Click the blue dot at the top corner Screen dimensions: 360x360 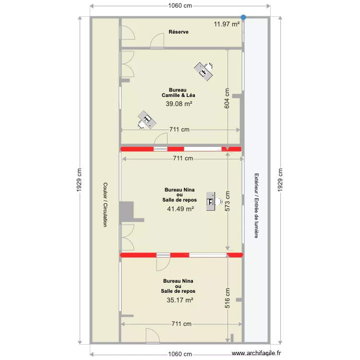point(243,17)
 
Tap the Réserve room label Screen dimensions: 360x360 point(178,32)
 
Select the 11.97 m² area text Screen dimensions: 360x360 point(227,24)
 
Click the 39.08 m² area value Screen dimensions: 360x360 point(179,104)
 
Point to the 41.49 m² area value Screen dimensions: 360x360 point(180,209)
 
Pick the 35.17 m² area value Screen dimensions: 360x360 point(180,300)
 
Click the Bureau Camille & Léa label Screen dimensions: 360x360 point(178,93)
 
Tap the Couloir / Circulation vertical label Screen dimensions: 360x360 point(105,204)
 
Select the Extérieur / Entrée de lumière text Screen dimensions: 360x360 point(257,205)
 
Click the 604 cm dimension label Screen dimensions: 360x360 point(227,98)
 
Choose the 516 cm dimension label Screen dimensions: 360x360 point(227,298)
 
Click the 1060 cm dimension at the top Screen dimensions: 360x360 point(180,6)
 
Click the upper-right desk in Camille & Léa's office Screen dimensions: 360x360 point(204,71)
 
